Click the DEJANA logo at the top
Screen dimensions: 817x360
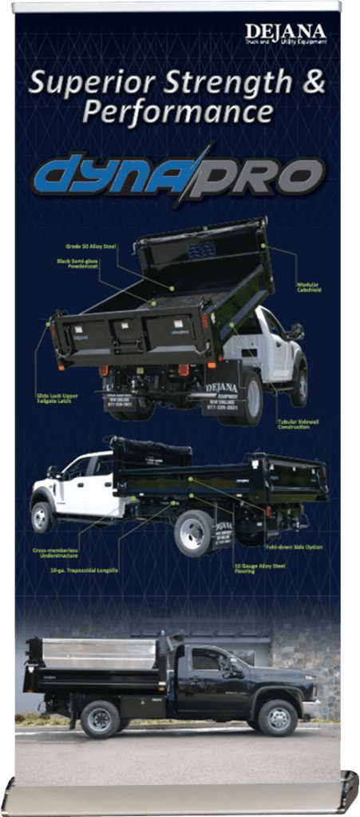(x=285, y=34)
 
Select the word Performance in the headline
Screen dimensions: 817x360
(x=176, y=112)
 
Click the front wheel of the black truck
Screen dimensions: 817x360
(x=278, y=717)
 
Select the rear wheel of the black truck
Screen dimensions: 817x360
(x=100, y=718)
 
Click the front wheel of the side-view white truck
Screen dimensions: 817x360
(x=42, y=517)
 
